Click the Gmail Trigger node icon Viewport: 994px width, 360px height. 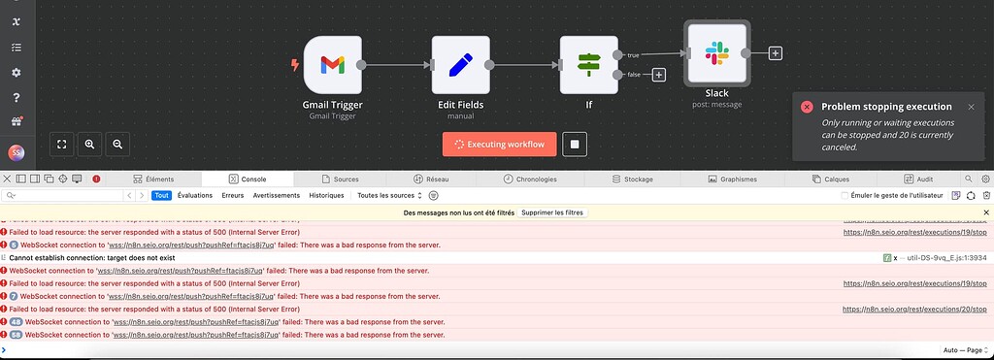(332, 65)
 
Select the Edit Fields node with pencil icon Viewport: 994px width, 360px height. (460, 65)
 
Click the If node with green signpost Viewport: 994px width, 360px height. (589, 65)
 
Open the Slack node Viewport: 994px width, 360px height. (716, 54)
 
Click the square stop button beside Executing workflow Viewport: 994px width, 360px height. (575, 145)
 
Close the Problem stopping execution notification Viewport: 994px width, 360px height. (971, 107)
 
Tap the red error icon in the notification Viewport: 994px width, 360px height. (807, 107)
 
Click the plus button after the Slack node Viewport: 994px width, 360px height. (776, 53)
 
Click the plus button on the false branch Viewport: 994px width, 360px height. (659, 75)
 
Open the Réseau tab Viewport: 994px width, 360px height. (431, 180)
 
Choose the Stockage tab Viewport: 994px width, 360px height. (632, 180)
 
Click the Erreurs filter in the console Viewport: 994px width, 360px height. (233, 195)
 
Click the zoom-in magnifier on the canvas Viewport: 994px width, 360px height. (89, 144)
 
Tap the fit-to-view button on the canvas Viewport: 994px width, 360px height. (61, 144)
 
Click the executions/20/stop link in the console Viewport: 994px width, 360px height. (914, 309)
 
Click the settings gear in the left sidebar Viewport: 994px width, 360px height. (16, 73)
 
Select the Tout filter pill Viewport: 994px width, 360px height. (162, 195)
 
